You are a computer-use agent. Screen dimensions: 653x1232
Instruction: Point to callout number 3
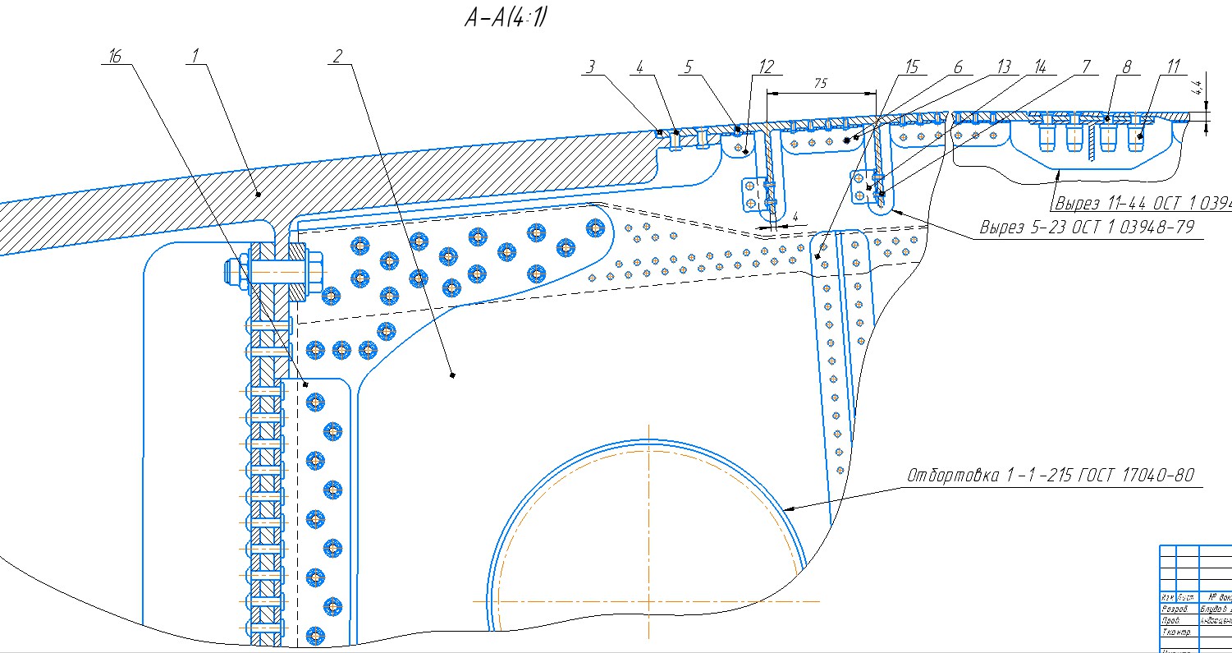[x=589, y=67]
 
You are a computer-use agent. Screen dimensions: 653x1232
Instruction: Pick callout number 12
[x=766, y=67]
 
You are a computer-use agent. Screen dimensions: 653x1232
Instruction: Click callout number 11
[x=1169, y=67]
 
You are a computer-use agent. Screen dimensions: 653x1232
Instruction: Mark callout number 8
[x=1127, y=67]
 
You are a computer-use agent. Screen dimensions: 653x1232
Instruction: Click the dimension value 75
[x=821, y=83]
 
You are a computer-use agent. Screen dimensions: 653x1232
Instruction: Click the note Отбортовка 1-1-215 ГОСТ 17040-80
[x=1050, y=476]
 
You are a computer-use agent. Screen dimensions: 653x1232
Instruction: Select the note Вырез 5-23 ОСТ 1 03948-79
[x=1087, y=227]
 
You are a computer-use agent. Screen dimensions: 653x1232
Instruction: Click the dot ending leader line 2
[x=452, y=375]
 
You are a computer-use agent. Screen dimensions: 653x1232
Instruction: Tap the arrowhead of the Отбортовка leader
[x=787, y=509]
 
